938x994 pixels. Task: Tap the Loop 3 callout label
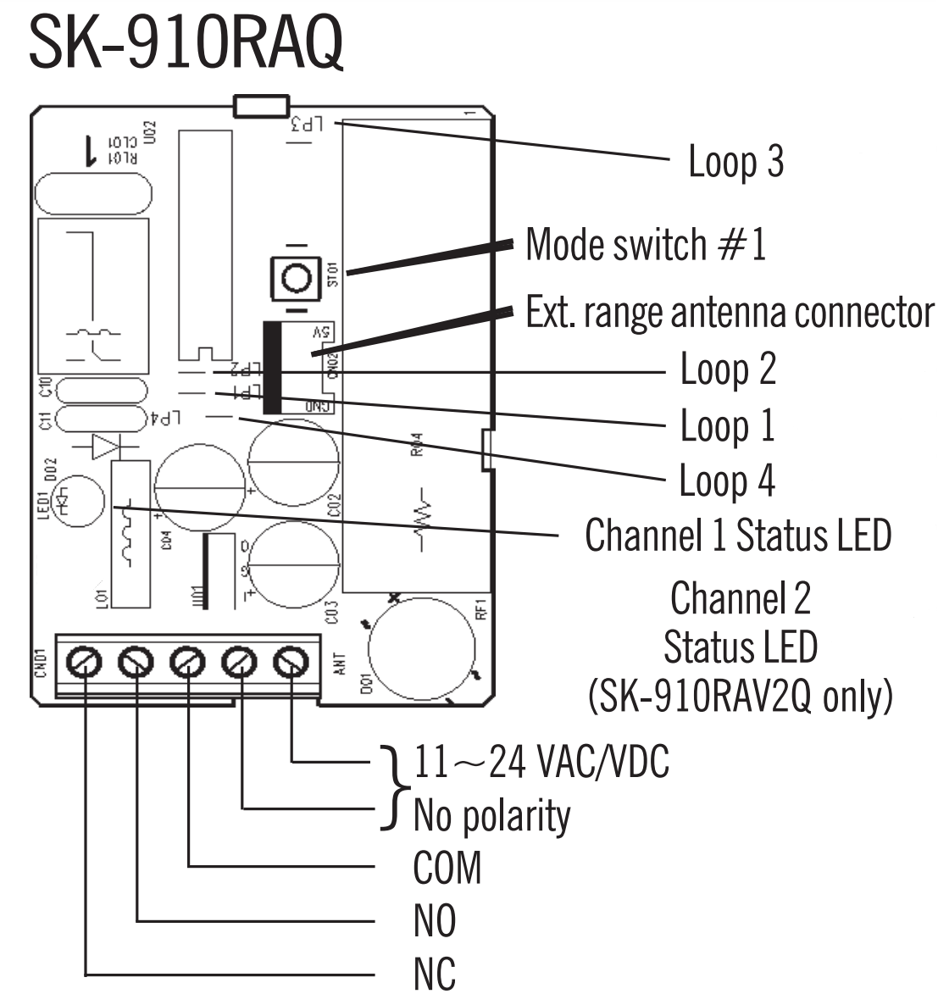(735, 162)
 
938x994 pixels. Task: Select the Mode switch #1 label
(646, 245)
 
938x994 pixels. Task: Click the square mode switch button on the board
(294, 277)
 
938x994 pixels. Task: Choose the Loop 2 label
(728, 370)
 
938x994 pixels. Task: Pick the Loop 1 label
(727, 425)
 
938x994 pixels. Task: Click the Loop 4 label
(727, 480)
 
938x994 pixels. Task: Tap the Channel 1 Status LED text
(738, 536)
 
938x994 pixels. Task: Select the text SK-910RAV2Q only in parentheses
(740, 697)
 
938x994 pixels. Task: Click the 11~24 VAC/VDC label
(541, 762)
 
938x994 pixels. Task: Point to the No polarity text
(491, 816)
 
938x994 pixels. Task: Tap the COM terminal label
(447, 868)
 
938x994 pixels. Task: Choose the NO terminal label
(434, 921)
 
